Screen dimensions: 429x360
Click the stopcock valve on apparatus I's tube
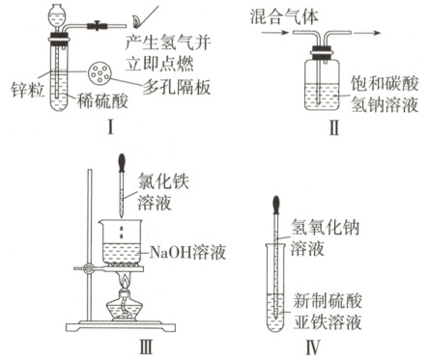[97, 25]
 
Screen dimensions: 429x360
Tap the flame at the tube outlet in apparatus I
[135, 21]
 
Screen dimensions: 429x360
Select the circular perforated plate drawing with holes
[100, 73]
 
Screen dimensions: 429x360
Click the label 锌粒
[27, 90]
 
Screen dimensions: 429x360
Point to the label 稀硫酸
[102, 101]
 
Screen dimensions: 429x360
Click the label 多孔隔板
[177, 87]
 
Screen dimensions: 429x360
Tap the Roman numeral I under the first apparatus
[110, 128]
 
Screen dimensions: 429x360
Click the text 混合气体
[284, 16]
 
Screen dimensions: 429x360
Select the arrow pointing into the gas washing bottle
[274, 33]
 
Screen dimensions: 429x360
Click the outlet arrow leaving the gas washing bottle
[367, 33]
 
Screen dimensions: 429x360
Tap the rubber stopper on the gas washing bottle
[322, 53]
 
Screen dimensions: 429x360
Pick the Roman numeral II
[334, 128]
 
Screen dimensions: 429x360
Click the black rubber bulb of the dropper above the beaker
[122, 163]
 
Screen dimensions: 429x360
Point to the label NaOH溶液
[187, 252]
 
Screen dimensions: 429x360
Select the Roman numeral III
[146, 347]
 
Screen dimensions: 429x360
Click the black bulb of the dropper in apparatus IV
[276, 205]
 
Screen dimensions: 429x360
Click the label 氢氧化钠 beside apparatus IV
[325, 228]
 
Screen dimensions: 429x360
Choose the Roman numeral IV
[312, 347]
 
